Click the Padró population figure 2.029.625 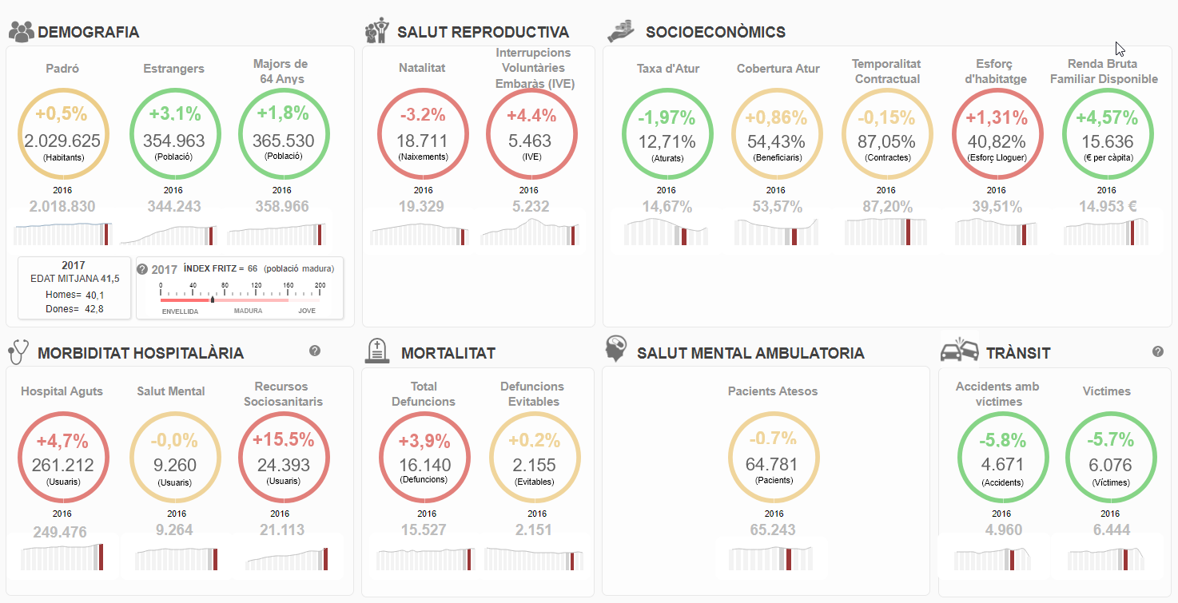(62, 141)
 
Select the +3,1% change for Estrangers (175, 113)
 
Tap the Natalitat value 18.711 (422, 141)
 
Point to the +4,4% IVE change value (531, 115)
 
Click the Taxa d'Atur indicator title (668, 69)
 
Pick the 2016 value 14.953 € (1108, 207)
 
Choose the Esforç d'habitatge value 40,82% (997, 141)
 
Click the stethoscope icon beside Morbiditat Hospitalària (18, 351)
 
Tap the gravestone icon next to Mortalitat (377, 351)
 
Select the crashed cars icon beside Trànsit (959, 350)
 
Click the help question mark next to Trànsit (1157, 351)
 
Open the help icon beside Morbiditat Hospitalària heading (315, 351)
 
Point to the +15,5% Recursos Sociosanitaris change (284, 439)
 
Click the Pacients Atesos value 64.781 (771, 464)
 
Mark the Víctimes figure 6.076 (1110, 465)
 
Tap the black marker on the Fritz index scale (213, 300)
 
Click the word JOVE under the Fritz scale (307, 311)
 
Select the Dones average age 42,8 (94, 309)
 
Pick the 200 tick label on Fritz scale (320, 285)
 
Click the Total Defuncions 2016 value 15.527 (424, 530)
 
